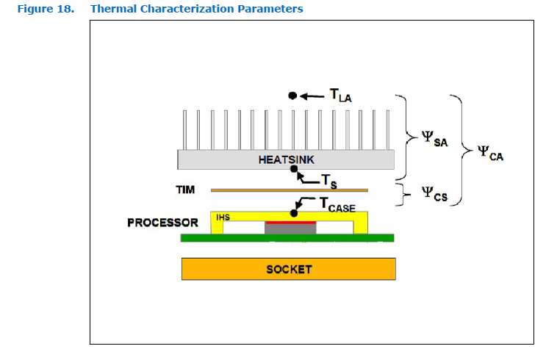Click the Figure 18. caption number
(45, 9)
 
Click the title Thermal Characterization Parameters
(196, 9)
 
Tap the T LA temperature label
(341, 94)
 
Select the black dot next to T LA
(292, 96)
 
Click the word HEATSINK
(288, 159)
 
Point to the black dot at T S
(295, 169)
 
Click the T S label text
(329, 181)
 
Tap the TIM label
(185, 190)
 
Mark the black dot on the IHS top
(295, 213)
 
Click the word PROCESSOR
(162, 222)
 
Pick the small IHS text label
(223, 217)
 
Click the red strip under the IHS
(290, 222)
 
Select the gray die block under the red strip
(290, 229)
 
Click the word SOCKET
(289, 269)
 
